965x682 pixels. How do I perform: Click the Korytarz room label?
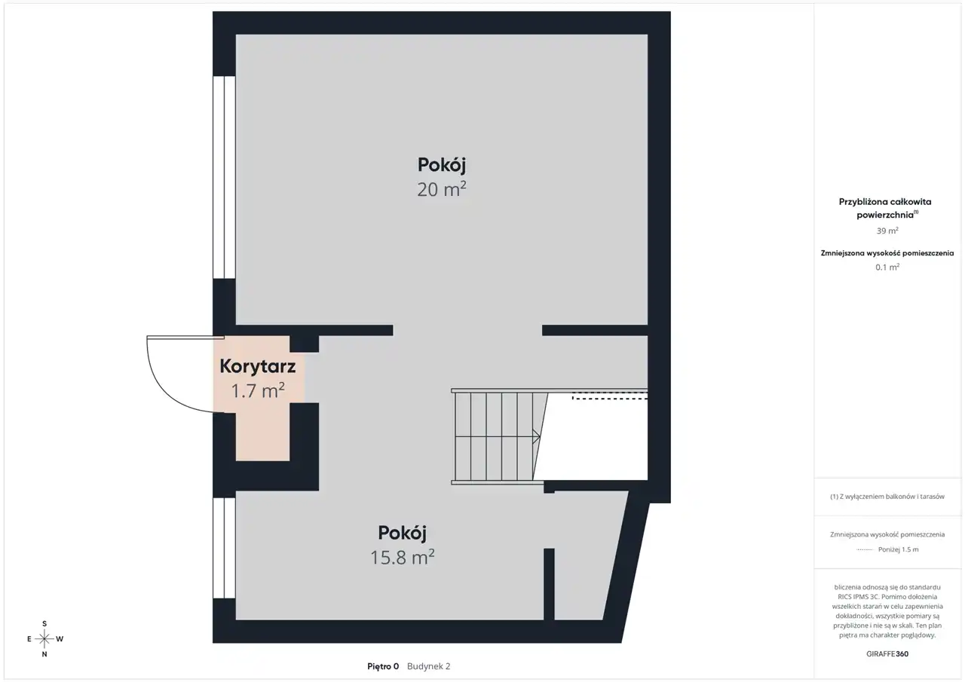258,366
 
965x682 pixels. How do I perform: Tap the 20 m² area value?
442,189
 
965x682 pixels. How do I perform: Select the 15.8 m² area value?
403,557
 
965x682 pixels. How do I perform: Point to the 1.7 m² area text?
258,390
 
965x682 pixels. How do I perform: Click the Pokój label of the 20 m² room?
442,165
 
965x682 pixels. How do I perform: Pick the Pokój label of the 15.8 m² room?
403,534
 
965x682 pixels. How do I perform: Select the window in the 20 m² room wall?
224,177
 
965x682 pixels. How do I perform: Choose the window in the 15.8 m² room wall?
224,548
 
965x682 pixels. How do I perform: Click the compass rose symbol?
44,639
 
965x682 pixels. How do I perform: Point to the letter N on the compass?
44,654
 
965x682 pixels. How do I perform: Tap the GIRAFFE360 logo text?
887,653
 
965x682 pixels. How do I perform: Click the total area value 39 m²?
887,231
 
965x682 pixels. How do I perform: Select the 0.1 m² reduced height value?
887,267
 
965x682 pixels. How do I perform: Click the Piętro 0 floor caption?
383,666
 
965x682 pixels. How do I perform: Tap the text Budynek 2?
429,666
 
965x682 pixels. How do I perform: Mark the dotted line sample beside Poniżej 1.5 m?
864,550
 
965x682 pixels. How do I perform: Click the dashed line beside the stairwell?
610,398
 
